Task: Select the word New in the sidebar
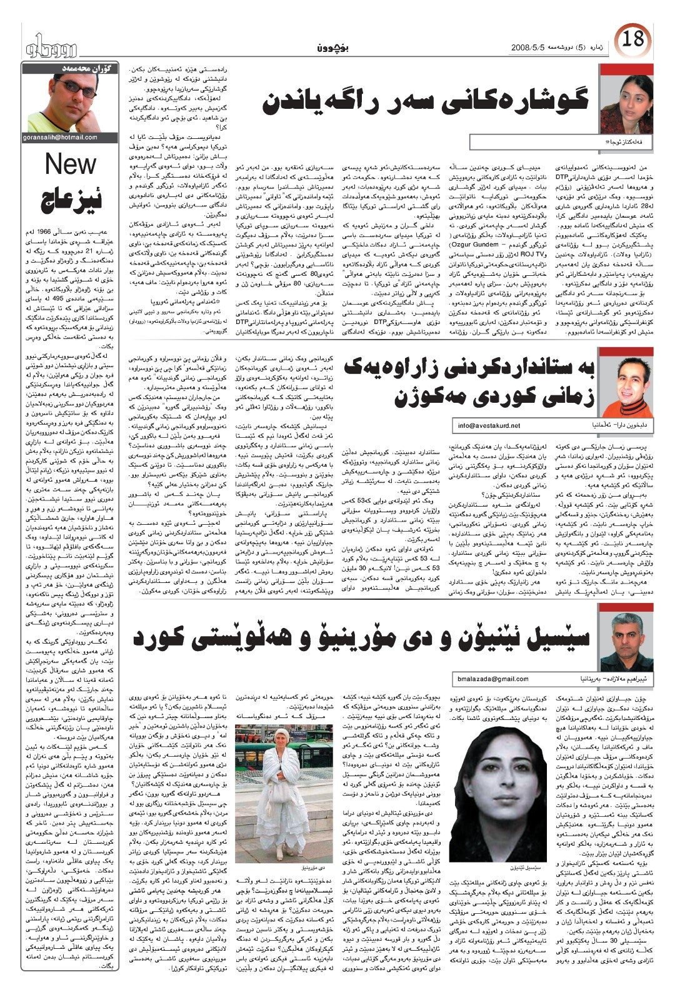coord(71,164)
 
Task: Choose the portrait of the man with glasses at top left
coord(70,100)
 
